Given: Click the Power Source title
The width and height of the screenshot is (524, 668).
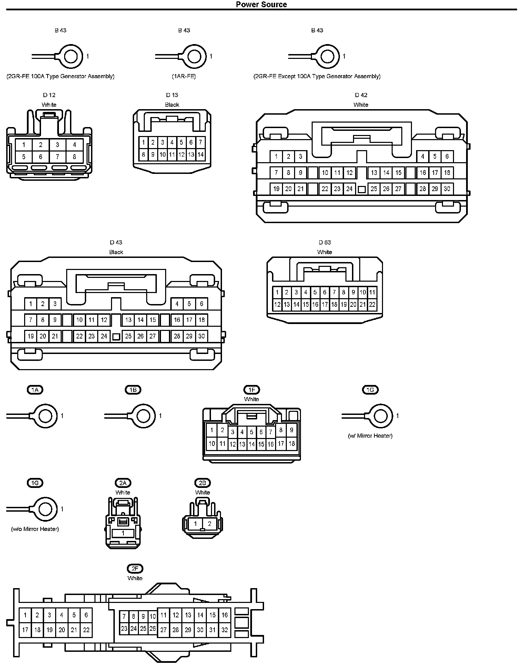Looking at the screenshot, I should pyautogui.click(x=261, y=4).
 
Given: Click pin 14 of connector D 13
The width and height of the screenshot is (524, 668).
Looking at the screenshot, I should pyautogui.click(x=200, y=155).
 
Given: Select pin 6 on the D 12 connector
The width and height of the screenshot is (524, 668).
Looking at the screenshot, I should pyautogui.click(x=41, y=157).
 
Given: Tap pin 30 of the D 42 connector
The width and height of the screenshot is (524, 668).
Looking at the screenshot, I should pyautogui.click(x=447, y=189).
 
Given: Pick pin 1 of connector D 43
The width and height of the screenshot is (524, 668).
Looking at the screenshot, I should pyautogui.click(x=31, y=304).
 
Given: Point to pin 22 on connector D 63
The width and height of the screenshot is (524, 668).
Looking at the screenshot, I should pyautogui.click(x=372, y=304).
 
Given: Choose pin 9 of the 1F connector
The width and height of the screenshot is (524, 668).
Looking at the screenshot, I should pyautogui.click(x=292, y=430).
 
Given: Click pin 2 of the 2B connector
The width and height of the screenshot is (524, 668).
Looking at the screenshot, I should pyautogui.click(x=209, y=524).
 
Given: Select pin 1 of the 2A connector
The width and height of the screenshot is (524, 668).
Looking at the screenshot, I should pyautogui.click(x=123, y=533).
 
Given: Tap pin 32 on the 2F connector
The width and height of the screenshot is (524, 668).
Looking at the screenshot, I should pyautogui.click(x=224, y=630).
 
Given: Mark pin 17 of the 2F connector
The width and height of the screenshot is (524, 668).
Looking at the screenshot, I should pyautogui.click(x=25, y=630).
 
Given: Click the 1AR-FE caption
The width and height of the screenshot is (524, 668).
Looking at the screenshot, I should pyautogui.click(x=184, y=76).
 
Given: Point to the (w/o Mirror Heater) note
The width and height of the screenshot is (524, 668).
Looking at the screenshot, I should pyautogui.click(x=35, y=529).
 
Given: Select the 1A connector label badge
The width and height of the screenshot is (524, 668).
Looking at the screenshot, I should pyautogui.click(x=35, y=389).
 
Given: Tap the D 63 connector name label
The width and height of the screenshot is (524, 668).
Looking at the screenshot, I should pyautogui.click(x=325, y=242).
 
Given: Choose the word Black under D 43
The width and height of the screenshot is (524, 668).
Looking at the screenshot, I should pyautogui.click(x=116, y=252).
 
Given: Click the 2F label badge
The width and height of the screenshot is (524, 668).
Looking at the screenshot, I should pyautogui.click(x=135, y=568).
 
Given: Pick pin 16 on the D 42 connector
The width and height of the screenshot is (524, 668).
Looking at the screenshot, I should pyautogui.click(x=423, y=173).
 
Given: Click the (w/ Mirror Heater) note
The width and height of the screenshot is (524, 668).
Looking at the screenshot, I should pyautogui.click(x=370, y=436).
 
